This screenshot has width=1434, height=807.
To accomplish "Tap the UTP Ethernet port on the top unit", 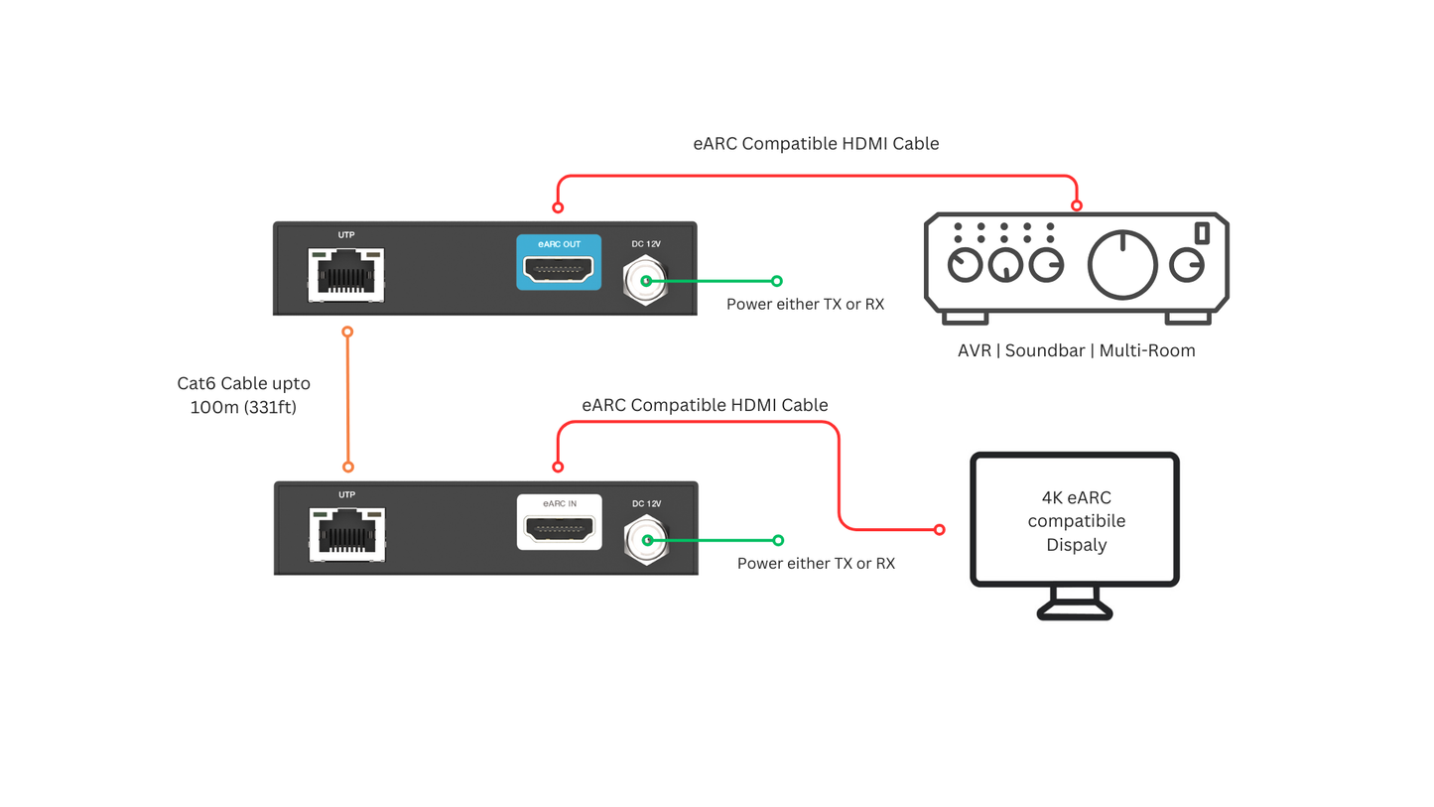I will pos(345,273).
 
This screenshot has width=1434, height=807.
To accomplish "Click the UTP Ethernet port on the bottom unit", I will pos(346,533).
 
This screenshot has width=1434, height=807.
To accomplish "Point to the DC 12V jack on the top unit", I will pos(646,281).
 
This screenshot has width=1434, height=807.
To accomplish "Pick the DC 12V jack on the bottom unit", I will pos(646,541).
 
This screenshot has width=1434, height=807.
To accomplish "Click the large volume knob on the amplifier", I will pos(1122,265).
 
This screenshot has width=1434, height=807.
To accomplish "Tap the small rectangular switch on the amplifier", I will pos(1202,232).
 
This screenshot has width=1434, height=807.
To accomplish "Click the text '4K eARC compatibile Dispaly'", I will pos(1075,521).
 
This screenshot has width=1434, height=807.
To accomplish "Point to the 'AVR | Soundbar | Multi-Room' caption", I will pos(1076,350).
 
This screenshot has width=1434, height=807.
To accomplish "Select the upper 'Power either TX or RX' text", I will pos(805,304).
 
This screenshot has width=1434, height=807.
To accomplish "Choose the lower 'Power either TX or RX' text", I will pos(816,563).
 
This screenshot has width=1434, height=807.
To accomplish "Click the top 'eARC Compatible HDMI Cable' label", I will pos(816,144).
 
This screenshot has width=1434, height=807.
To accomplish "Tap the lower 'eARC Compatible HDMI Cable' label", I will pos(705,405).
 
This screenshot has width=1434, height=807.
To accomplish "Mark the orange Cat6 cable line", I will pos(347,397).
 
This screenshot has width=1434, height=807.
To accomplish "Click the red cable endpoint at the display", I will pos(939,530).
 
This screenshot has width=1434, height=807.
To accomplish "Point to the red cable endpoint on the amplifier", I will pos(1076,206).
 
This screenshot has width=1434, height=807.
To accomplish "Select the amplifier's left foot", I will pos(966,318).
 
